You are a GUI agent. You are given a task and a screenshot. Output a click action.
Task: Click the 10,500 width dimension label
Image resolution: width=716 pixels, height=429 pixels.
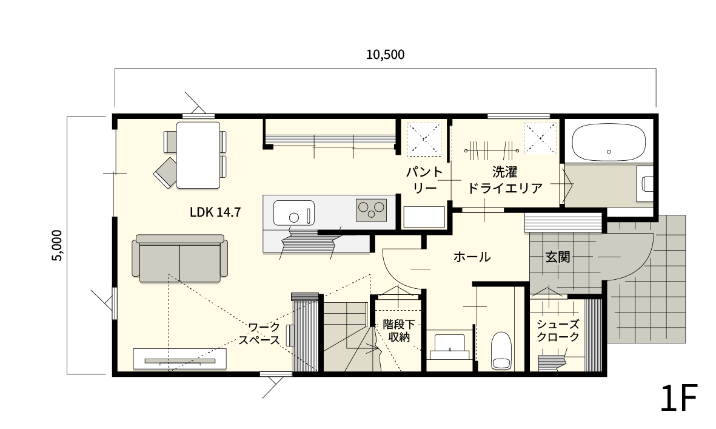coord(385,55)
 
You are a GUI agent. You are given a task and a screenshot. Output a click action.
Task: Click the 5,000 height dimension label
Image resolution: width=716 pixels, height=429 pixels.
coord(56,245)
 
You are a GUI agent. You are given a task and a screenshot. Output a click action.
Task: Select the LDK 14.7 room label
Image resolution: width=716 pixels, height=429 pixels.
coord(216,212)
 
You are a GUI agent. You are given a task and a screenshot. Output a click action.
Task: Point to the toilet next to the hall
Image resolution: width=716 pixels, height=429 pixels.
coord(501,351)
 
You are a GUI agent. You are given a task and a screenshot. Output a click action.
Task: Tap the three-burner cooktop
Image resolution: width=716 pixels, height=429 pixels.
coord(372,209)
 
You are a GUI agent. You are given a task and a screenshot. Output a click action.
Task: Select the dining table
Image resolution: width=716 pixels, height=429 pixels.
coord(198,155)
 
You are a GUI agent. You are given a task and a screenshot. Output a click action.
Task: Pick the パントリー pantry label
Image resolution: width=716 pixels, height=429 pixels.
coord(424,180)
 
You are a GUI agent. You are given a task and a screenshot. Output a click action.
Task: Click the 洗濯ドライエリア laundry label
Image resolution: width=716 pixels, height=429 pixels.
coord(504,180)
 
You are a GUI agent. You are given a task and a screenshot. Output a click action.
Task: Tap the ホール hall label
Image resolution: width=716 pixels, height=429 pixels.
coord(472,257)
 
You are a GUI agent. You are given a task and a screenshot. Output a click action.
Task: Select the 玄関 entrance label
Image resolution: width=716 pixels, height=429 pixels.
coord(557,257)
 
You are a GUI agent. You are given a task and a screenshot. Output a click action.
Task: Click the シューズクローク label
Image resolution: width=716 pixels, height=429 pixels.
coord(558,331)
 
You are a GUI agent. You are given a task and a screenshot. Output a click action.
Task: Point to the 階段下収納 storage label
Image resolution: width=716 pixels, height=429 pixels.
coord(397,331)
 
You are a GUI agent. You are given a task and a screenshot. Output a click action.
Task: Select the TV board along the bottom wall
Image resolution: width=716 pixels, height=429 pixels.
coord(179,359)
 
